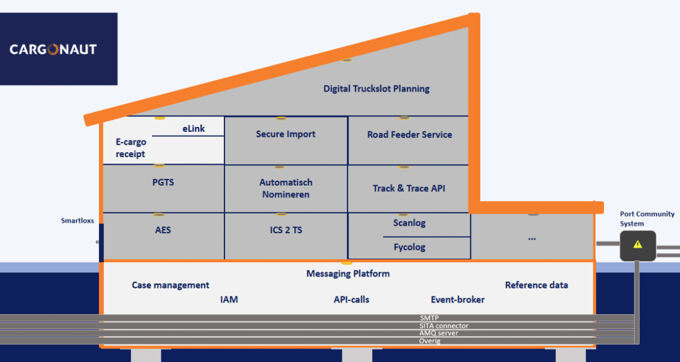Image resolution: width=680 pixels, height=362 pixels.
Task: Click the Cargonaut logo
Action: (53, 50)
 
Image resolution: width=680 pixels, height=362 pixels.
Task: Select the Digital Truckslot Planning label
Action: (376, 88)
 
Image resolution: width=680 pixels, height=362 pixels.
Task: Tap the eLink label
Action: (193, 129)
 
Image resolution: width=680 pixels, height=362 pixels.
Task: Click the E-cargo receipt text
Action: (130, 148)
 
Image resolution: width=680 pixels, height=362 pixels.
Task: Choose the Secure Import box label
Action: (286, 134)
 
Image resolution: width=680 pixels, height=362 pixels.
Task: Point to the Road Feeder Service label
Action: (409, 134)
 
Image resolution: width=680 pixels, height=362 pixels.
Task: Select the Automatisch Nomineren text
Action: (286, 188)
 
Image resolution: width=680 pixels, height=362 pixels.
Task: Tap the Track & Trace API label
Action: (409, 188)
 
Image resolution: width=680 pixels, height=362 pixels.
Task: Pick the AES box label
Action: (163, 230)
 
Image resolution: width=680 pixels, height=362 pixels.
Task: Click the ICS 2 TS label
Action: (286, 230)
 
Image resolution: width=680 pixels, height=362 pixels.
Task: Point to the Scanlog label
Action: (409, 223)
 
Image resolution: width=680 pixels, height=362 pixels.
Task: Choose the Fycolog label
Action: (409, 247)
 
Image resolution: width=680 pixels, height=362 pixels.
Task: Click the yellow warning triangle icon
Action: (637, 244)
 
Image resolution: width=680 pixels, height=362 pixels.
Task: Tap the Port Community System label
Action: (647, 218)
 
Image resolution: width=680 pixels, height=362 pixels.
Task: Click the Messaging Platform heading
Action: (348, 274)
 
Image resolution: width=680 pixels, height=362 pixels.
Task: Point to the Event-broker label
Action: (457, 300)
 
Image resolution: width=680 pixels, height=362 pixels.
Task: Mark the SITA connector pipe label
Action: (443, 325)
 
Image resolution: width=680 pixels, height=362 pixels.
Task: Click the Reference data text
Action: (536, 285)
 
